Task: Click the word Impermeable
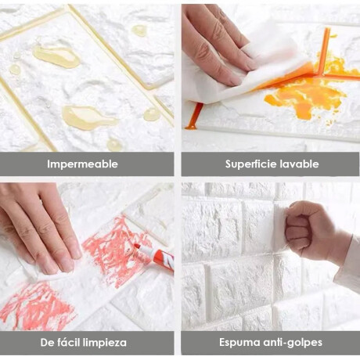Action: click(82, 164)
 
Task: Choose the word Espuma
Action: click(239, 343)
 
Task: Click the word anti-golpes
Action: click(292, 343)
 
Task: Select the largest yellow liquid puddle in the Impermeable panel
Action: click(88, 116)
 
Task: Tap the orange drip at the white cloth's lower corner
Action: click(194, 116)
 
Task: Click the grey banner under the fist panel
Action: click(270, 343)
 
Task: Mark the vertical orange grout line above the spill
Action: click(323, 51)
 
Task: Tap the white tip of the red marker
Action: click(136, 246)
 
